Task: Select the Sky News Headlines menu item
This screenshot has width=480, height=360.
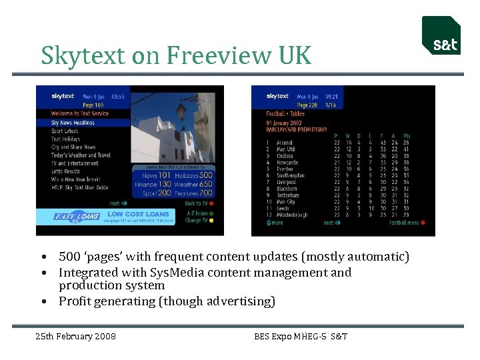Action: click(x=73, y=123)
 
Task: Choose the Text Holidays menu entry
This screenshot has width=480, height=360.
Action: click(x=65, y=139)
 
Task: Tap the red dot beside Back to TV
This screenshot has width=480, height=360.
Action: click(x=211, y=203)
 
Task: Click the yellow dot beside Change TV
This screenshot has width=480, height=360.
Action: click(x=211, y=220)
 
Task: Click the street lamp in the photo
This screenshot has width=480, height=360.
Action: click(x=180, y=111)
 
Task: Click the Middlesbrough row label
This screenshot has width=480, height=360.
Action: click(x=292, y=215)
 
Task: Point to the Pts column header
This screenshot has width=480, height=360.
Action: click(x=406, y=136)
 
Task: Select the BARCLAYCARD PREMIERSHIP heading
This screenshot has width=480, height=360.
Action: click(x=297, y=129)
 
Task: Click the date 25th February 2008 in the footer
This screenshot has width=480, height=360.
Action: click(x=75, y=336)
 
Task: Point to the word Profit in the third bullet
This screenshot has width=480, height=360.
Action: click(x=73, y=301)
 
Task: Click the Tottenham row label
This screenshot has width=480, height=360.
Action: click(x=288, y=195)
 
